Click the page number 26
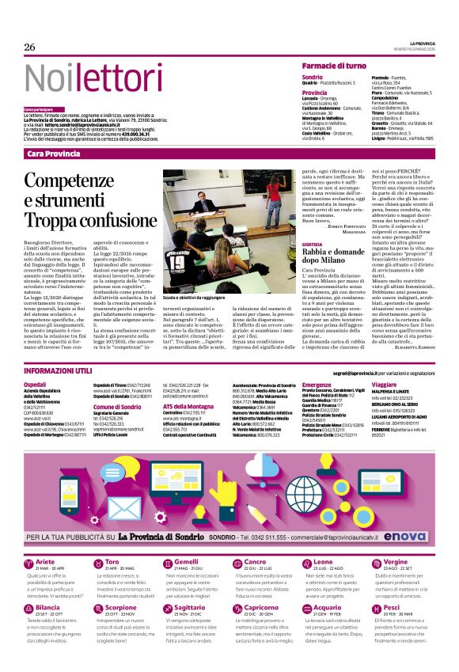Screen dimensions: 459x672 point(30,47)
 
